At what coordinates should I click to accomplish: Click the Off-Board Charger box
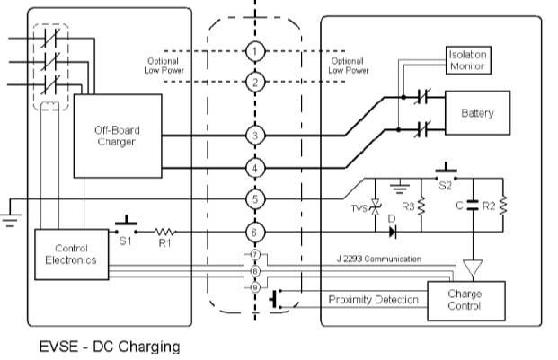[118, 135]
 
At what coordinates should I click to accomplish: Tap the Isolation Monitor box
[469, 60]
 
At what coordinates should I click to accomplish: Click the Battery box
[476, 114]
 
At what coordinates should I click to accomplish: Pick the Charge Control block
[465, 300]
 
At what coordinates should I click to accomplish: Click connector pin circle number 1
[255, 51]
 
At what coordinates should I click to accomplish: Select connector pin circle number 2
[255, 83]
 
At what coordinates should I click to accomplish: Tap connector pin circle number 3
[255, 136]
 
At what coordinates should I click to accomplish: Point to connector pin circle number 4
[255, 167]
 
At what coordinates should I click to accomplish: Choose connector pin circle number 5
[255, 198]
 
